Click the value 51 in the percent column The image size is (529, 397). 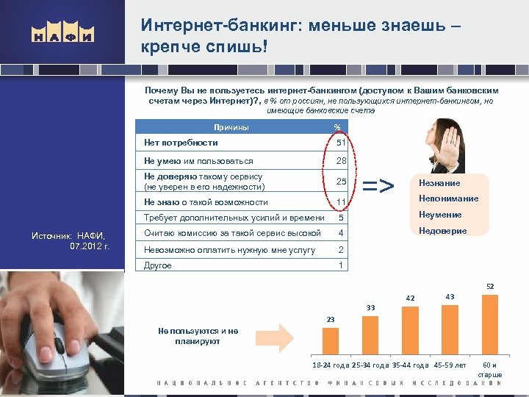[x=340, y=143]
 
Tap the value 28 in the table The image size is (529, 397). [x=341, y=161]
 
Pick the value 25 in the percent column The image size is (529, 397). [x=341, y=182]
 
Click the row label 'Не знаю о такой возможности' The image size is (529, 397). [x=206, y=202]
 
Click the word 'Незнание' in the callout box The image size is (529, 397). [x=439, y=183]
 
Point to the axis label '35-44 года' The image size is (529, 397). [x=411, y=365]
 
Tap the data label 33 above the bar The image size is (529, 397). [x=371, y=307]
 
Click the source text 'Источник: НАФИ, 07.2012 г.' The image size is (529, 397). [x=70, y=240]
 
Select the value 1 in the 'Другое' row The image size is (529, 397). [x=341, y=265]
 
